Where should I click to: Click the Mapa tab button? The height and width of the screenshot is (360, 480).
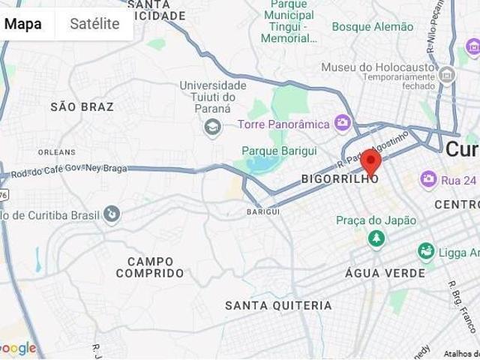click(x=23, y=24)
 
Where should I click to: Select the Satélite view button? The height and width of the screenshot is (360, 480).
click(x=94, y=24)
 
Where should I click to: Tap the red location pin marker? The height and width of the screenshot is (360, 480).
click(x=370, y=161)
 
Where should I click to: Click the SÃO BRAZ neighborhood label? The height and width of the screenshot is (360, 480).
click(x=82, y=107)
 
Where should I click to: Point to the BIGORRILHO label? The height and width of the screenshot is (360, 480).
click(x=339, y=179)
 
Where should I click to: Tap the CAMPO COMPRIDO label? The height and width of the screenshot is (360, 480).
click(x=150, y=268)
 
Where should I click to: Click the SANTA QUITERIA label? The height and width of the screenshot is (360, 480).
click(x=278, y=306)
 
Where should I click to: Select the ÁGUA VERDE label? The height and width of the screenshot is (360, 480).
click(x=385, y=273)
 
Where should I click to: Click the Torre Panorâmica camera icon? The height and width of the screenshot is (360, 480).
click(x=343, y=122)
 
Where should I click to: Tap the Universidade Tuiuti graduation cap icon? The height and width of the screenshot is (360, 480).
click(x=213, y=126)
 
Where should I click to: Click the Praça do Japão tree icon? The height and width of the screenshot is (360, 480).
click(x=376, y=238)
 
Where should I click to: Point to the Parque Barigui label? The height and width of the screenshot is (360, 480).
click(x=279, y=151)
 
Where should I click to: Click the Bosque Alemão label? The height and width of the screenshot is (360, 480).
click(x=373, y=27)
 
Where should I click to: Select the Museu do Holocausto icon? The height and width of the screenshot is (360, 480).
click(x=448, y=74)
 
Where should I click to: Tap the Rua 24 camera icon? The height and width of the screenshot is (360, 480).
click(x=428, y=178)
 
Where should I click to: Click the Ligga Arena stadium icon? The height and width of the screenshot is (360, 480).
click(x=427, y=251)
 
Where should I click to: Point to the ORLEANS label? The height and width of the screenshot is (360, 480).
click(x=56, y=152)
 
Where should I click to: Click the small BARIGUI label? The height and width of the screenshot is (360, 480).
click(x=262, y=212)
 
